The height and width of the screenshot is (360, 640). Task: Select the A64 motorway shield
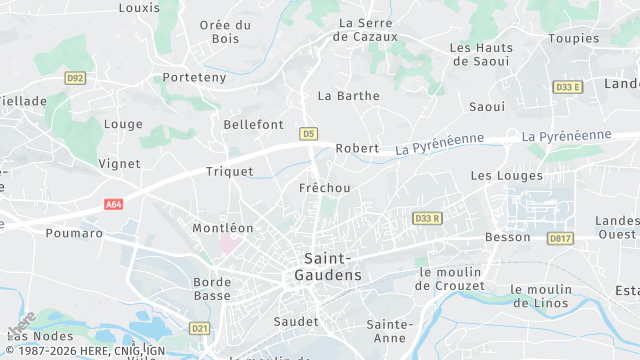pyautogui.click(x=113, y=204)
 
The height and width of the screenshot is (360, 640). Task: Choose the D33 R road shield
pyautogui.click(x=427, y=218)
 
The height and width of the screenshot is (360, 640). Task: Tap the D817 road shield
pyautogui.click(x=559, y=237)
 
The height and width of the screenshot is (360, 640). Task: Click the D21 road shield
pyautogui.click(x=199, y=328)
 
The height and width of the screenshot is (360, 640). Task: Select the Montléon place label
pyautogui.click(x=223, y=228)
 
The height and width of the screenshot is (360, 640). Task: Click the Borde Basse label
pyautogui.click(x=212, y=288)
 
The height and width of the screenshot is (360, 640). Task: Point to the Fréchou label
pyautogui.click(x=325, y=188)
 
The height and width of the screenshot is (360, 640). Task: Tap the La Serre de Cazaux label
pyautogui.click(x=368, y=29)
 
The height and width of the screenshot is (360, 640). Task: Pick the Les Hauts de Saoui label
pyautogui.click(x=482, y=54)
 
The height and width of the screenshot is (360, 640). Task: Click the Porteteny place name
pyautogui.click(x=195, y=77)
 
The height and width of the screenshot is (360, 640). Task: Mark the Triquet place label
pyautogui.click(x=229, y=171)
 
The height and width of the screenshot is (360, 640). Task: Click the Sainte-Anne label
pyautogui.click(x=390, y=331)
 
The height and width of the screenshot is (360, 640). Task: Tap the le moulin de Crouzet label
pyautogui.click(x=451, y=279)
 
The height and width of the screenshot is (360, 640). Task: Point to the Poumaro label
pyautogui.click(x=74, y=233)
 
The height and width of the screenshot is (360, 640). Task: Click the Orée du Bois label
pyautogui.click(x=225, y=32)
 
